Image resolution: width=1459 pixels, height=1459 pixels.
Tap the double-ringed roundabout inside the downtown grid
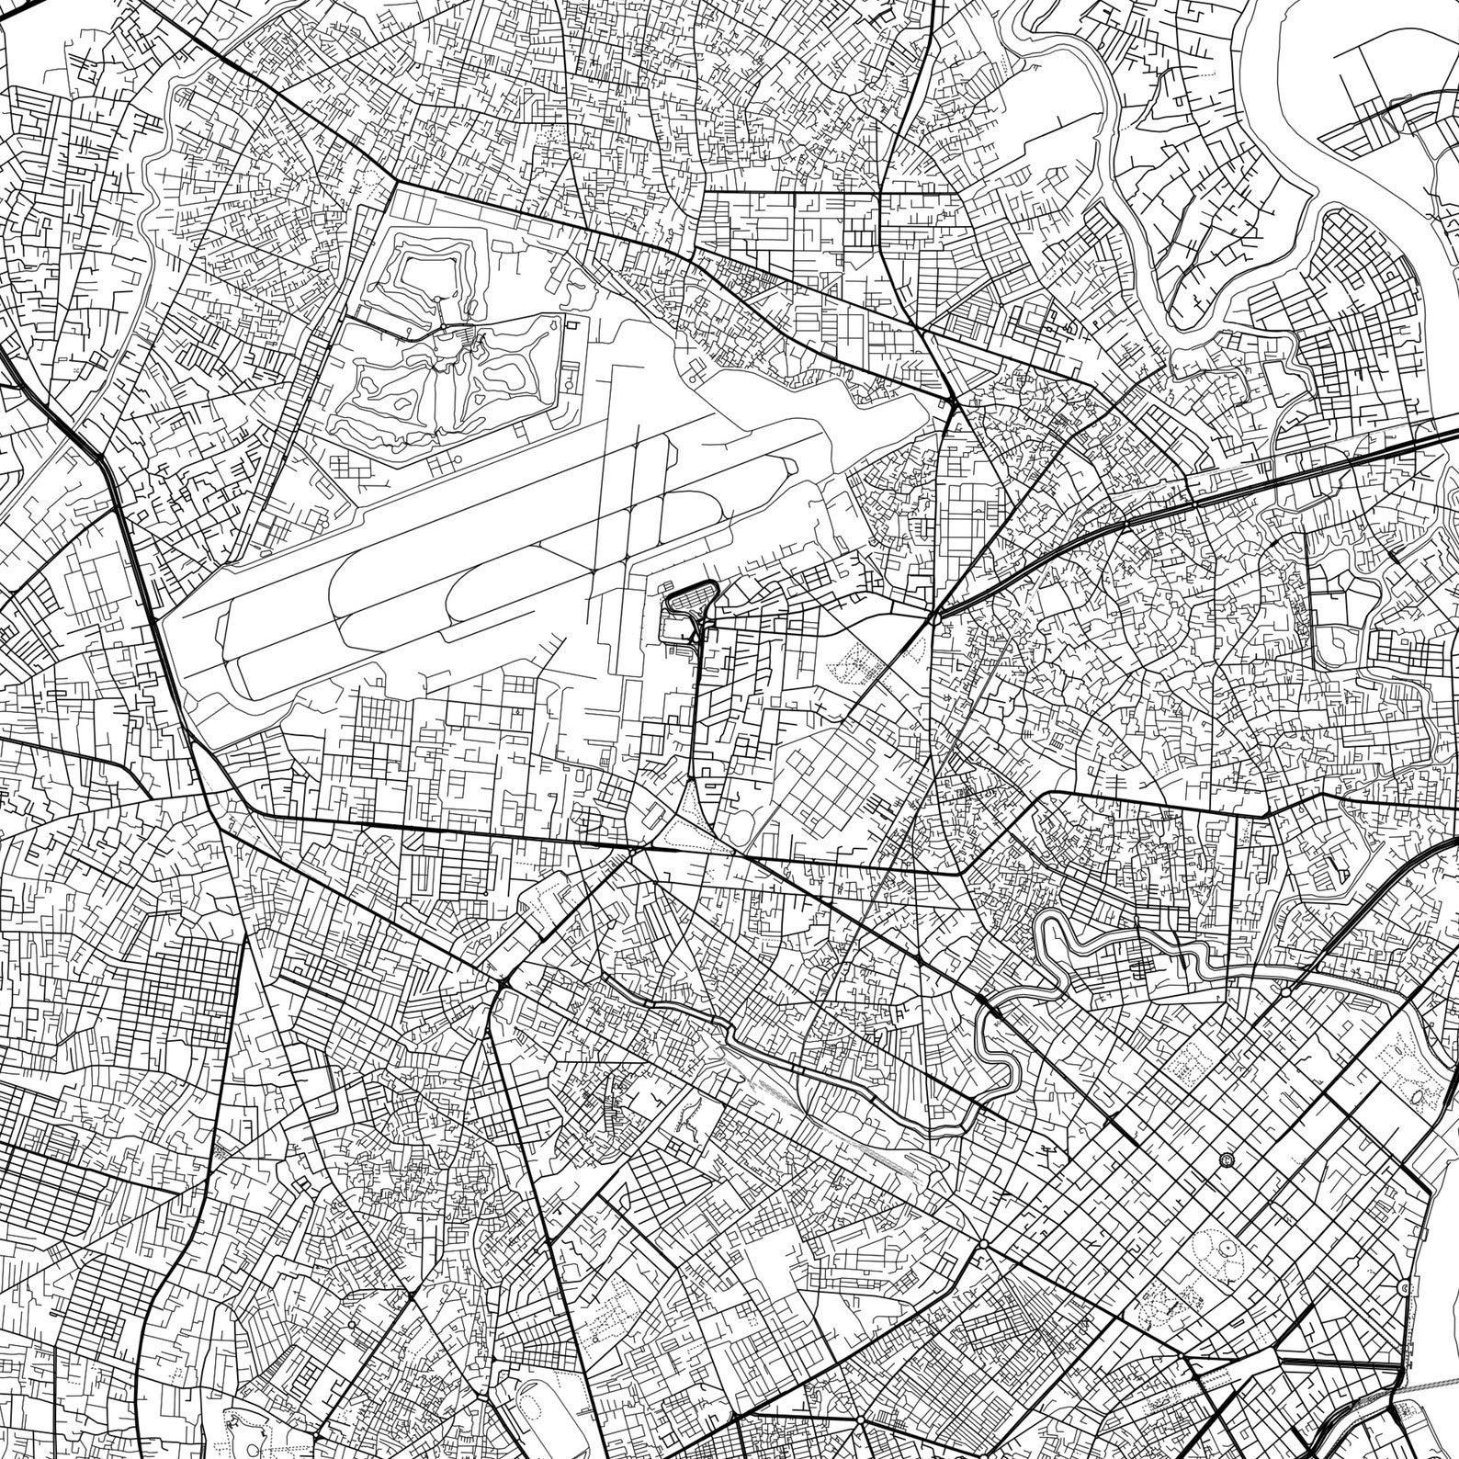pos(1227,1160)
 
